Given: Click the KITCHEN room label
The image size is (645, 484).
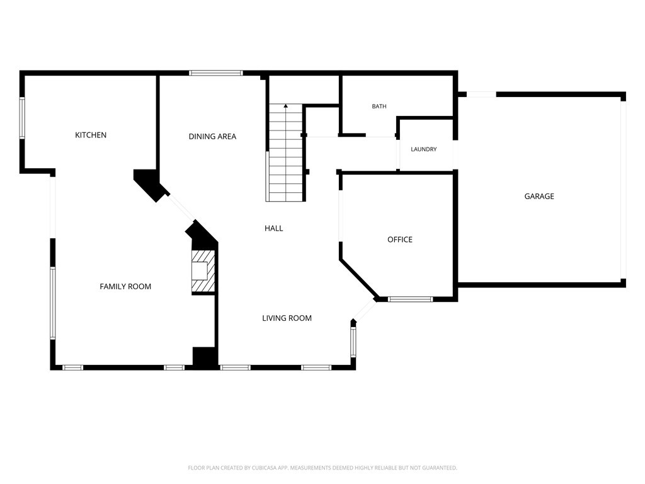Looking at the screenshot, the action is [91, 135].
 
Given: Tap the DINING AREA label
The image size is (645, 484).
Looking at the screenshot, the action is [212, 137].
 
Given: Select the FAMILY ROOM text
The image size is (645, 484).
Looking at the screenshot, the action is [125, 287].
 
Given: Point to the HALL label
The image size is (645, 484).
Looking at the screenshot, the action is [273, 228].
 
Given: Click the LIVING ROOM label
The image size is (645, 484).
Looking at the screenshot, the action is [287, 318].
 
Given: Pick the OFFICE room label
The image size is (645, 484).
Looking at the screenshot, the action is [400, 239].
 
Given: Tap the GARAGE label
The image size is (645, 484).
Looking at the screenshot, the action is [539, 197].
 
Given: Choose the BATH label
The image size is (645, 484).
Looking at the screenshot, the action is [379, 106].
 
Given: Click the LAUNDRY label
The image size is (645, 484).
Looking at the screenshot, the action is [424, 149].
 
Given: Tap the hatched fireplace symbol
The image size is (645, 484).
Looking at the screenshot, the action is [203, 271].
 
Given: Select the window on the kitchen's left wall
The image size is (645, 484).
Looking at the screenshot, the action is [22, 118].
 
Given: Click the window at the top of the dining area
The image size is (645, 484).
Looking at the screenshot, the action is [216, 73].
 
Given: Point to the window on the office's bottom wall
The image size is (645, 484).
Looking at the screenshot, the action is [410, 299].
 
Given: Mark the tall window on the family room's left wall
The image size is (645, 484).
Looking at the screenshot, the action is [53, 303].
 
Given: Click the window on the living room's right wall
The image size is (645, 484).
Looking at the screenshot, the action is [353, 342].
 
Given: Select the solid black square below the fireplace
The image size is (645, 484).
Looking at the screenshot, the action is [205, 357].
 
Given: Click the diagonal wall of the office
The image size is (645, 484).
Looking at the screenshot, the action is [358, 278].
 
